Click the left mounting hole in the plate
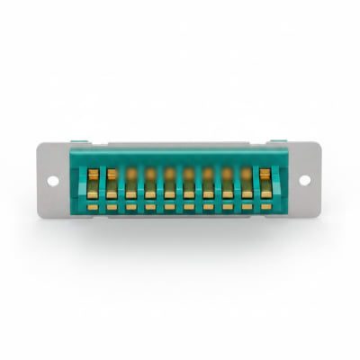[53, 180]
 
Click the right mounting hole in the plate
[304, 179]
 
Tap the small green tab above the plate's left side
[79, 141]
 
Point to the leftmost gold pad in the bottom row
[94, 207]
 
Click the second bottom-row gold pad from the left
[112, 207]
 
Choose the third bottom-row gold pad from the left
[131, 207]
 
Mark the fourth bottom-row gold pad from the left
[150, 207]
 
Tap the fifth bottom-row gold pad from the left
[169, 207]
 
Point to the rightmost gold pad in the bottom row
[265, 207]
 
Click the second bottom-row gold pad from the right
[246, 207]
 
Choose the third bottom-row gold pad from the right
[227, 207]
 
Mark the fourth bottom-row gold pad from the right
[208, 207]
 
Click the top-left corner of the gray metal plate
[39, 144]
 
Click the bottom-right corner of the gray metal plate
[320, 216]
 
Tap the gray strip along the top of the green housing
[180, 143]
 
